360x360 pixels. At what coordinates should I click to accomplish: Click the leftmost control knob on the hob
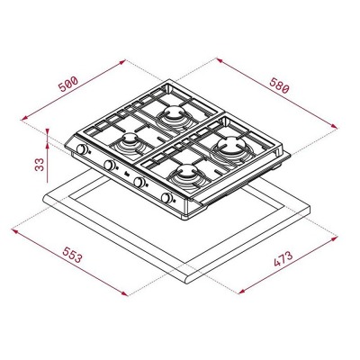[81, 148]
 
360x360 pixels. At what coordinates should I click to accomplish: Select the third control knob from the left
[139, 183]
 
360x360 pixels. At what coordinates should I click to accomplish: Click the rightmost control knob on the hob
[166, 198]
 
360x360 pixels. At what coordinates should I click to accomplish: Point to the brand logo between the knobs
[126, 175]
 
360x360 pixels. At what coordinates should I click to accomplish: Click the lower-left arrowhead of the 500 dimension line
[21, 117]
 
